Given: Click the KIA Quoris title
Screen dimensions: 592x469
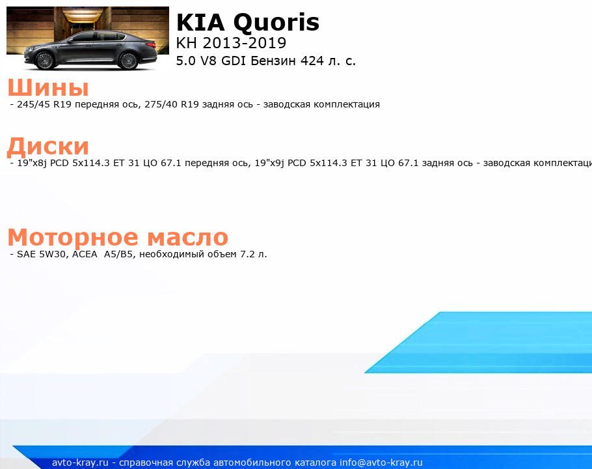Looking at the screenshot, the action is (248, 22).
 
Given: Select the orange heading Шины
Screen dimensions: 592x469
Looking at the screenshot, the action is (48, 87).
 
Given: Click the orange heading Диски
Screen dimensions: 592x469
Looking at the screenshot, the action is (48, 147).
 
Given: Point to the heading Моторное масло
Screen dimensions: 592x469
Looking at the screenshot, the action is (118, 237).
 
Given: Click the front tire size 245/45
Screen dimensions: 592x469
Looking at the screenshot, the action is (33, 104).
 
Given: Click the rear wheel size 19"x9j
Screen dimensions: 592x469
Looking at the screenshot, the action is (269, 163).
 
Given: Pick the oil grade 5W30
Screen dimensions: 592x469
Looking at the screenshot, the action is (53, 254).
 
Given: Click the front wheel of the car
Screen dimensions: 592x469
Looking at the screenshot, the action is (45, 61).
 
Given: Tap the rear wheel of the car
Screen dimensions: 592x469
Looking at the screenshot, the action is (128, 61).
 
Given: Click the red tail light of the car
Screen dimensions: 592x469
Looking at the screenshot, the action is (151, 45).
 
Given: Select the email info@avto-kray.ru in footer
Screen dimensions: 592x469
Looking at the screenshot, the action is (381, 462).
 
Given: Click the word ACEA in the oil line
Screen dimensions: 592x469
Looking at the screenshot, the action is (85, 254).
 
